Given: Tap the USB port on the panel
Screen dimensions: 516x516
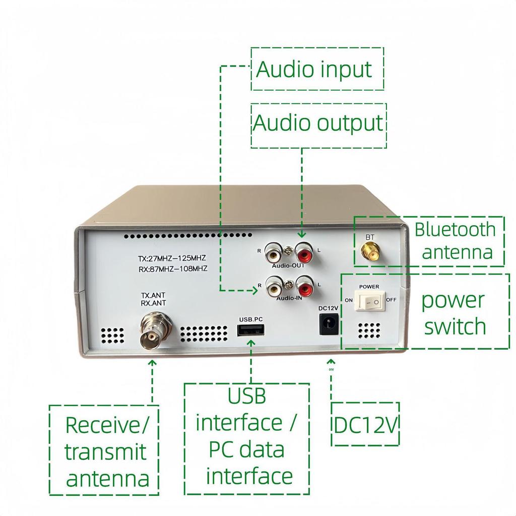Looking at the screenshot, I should (x=251, y=330).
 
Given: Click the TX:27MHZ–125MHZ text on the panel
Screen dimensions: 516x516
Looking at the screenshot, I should (x=172, y=259).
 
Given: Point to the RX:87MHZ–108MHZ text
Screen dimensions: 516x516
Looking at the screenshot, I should (x=172, y=269).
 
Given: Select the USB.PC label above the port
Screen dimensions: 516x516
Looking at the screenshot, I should (x=251, y=319).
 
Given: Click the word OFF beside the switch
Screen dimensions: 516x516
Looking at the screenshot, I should (x=391, y=300).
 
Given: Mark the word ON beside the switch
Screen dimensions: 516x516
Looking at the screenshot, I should (x=349, y=300).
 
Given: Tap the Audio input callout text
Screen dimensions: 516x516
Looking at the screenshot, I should (x=314, y=69).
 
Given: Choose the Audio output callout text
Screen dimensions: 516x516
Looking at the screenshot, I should (x=318, y=123).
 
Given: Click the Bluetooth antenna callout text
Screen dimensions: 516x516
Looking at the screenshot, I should (x=455, y=240).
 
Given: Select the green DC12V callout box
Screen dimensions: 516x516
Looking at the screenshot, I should (x=365, y=424).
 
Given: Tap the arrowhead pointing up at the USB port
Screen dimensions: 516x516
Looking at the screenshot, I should (x=251, y=342).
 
